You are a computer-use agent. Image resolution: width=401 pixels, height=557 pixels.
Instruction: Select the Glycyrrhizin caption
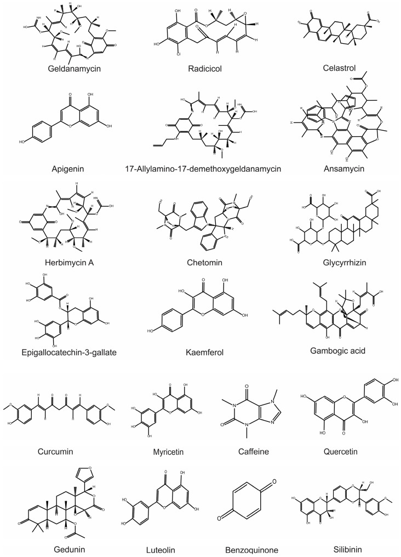(337, 263)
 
